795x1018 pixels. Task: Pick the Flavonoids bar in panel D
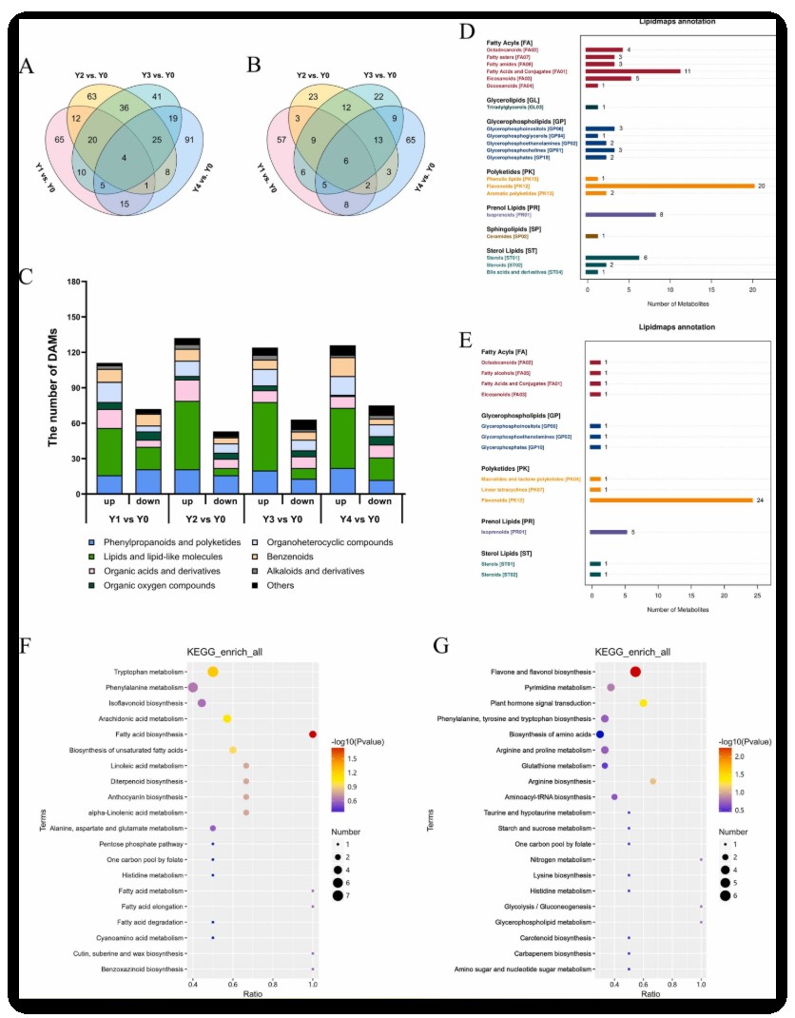pyautogui.click(x=669, y=186)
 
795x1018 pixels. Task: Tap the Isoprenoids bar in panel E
pyautogui.click(x=609, y=532)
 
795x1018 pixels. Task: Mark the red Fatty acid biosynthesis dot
pyautogui.click(x=312, y=734)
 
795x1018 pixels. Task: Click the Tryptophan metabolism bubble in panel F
pyautogui.click(x=213, y=672)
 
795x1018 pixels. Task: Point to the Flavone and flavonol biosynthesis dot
pyautogui.click(x=635, y=672)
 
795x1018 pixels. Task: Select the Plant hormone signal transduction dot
pyautogui.click(x=644, y=703)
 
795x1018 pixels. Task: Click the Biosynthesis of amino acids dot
pyautogui.click(x=600, y=734)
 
